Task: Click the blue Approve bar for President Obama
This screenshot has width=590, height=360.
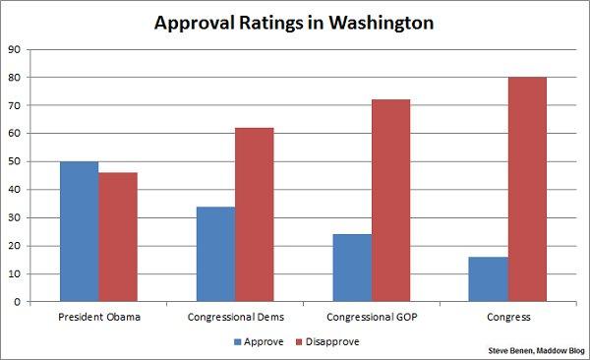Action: (x=79, y=231)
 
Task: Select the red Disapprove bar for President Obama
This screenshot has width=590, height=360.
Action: (x=118, y=237)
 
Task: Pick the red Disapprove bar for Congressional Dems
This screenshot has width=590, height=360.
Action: (x=255, y=214)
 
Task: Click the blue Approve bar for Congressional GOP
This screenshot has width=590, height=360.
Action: (x=352, y=268)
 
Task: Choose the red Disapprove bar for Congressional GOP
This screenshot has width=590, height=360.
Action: (x=390, y=201)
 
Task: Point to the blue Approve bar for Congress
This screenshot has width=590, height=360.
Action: (x=489, y=279)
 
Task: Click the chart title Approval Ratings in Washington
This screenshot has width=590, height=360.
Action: (x=295, y=22)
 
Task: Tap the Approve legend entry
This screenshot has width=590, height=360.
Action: (x=259, y=341)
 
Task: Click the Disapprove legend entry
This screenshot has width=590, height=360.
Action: (x=329, y=341)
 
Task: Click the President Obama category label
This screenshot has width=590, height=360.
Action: (x=98, y=317)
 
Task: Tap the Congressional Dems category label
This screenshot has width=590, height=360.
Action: (x=235, y=317)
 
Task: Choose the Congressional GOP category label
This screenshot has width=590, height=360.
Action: (x=372, y=317)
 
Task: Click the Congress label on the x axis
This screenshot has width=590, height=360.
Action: (x=508, y=317)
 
